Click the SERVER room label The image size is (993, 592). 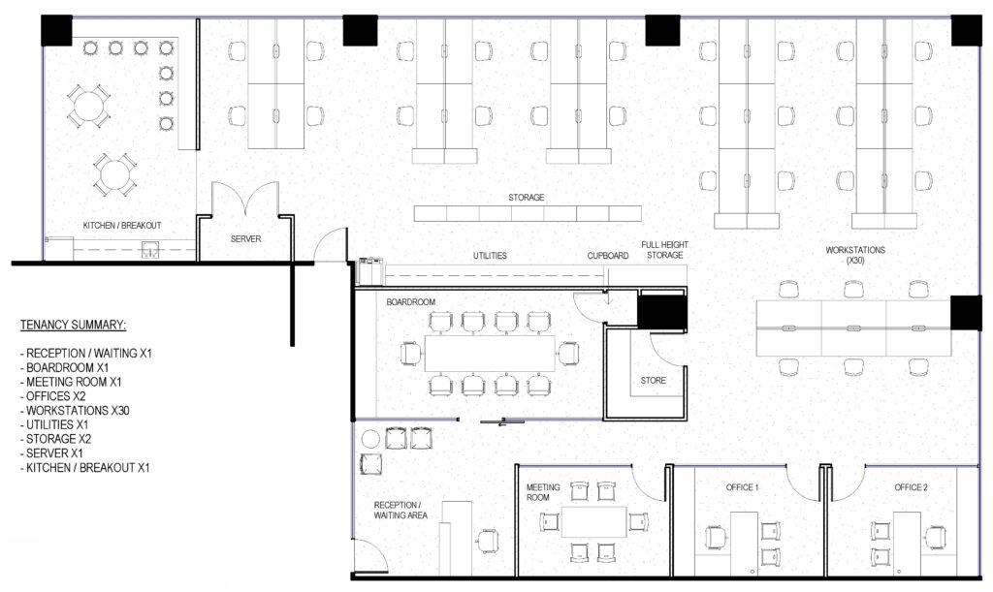click(x=245, y=239)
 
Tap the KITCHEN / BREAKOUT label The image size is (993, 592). click(x=122, y=225)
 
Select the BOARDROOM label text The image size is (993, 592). click(x=411, y=302)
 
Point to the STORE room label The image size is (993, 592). click(x=653, y=381)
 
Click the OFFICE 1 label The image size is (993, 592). click(x=742, y=487)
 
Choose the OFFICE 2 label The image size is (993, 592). click(x=912, y=487)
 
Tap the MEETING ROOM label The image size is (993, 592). click(x=543, y=493)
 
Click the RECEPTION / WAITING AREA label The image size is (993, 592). click(x=400, y=511)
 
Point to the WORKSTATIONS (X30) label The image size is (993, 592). click(x=855, y=255)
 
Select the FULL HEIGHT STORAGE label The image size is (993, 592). click(x=664, y=250)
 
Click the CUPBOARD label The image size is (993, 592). click(x=608, y=256)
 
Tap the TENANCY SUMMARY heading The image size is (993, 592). click(x=73, y=326)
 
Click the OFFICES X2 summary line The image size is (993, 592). click(x=55, y=396)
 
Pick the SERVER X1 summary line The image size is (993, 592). click(x=52, y=453)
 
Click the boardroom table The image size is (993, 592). click(x=490, y=354)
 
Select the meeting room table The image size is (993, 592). click(x=594, y=522)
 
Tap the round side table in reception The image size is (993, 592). click(x=369, y=440)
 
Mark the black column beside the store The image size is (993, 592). click(x=661, y=312)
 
